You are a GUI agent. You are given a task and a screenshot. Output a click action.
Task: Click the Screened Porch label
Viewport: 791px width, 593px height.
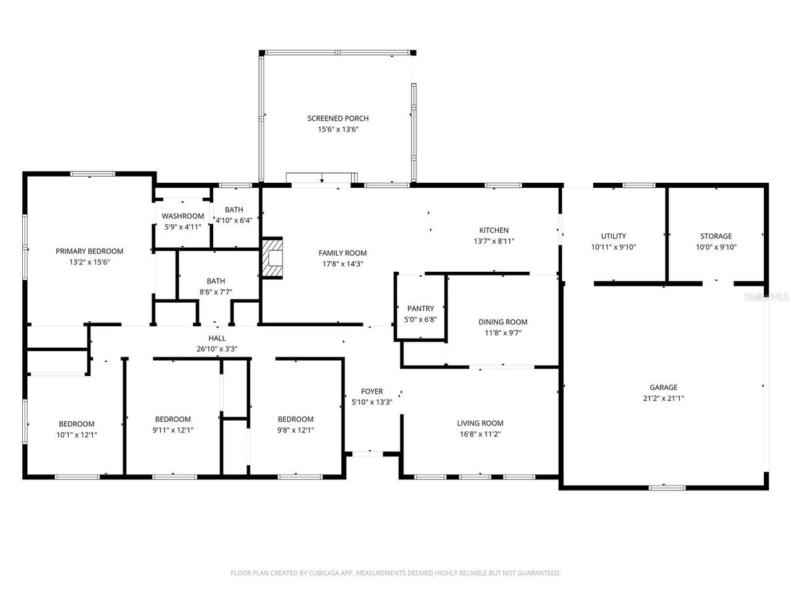tap(338, 119)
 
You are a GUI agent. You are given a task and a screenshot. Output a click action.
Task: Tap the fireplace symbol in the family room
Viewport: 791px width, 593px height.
tap(272, 258)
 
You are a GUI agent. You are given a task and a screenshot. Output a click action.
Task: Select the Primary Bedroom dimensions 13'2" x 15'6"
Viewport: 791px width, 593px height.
tap(90, 262)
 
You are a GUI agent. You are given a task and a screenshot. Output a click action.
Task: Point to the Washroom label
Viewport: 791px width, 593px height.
tap(183, 216)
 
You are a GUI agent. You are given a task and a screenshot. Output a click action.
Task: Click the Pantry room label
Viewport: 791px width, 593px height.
tap(420, 309)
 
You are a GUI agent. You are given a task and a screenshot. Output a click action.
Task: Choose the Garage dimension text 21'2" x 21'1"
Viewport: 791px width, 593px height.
tap(663, 398)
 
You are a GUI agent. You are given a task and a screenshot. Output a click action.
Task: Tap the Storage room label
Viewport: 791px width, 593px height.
tap(716, 236)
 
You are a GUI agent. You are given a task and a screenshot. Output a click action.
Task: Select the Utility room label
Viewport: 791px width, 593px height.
tap(613, 236)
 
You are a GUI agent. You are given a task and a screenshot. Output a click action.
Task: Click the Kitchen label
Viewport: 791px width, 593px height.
tap(494, 230)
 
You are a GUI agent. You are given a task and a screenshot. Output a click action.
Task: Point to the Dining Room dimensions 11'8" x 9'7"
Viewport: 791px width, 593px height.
tap(503, 333)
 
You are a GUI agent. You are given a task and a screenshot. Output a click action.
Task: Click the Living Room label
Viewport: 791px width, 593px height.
tap(480, 423)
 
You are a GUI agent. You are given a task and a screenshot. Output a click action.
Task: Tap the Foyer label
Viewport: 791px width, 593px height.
tap(372, 391)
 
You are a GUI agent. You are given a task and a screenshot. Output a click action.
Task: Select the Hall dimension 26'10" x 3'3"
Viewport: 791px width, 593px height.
tap(217, 349)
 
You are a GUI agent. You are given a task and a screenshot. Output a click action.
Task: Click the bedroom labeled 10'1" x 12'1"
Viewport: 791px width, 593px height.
tap(77, 429)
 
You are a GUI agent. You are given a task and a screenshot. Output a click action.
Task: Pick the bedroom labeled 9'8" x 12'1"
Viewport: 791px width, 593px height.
tap(295, 424)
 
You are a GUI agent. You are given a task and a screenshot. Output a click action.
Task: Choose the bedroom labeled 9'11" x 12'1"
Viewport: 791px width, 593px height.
tap(172, 424)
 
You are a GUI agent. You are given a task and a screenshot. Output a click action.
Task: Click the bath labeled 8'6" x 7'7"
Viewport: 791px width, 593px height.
tap(216, 287)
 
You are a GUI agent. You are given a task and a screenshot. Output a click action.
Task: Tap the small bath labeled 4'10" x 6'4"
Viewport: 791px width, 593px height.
tap(234, 215)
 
